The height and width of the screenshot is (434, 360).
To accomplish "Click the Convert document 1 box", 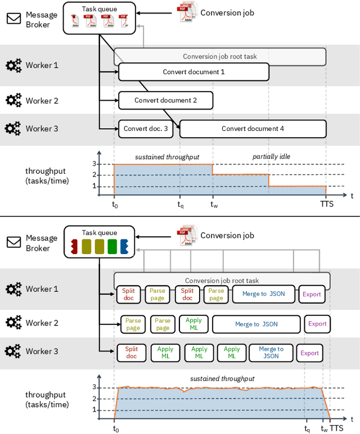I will click(193, 72).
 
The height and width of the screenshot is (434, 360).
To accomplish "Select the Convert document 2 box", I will click(165, 101).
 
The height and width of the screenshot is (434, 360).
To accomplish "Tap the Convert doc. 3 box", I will click(146, 129).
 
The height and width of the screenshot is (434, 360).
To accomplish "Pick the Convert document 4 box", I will click(253, 129).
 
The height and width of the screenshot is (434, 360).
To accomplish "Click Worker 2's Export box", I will click(317, 324).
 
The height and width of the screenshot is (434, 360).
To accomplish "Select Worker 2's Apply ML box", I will click(193, 324).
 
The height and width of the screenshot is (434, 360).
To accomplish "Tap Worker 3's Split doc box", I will click(131, 352).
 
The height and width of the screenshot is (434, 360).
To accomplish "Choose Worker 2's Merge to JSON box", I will click(256, 324).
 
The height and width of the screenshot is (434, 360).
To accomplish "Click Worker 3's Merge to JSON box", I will click(271, 352).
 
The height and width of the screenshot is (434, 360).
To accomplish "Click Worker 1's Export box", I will click(312, 294).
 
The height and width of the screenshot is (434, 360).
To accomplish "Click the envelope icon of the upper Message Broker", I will click(13, 19).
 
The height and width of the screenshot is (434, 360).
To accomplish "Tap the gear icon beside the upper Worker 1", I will click(13, 65).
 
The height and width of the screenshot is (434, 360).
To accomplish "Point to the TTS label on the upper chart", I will click(327, 204).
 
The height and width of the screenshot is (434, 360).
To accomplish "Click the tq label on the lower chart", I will click(307, 428).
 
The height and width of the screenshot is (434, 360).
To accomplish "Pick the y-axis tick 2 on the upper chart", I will click(94, 175).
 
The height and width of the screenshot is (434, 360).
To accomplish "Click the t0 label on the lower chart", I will click(115, 428).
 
